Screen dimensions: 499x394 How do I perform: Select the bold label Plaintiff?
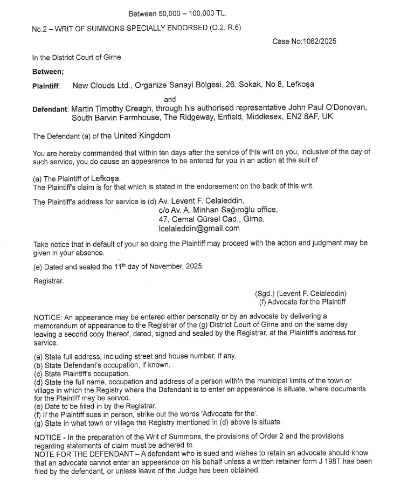coord(46,85)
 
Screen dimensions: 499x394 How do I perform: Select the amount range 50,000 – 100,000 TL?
coord(196,13)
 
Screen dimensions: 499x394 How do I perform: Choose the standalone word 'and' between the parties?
coord(170,99)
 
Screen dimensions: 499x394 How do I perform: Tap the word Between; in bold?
coord(48,71)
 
